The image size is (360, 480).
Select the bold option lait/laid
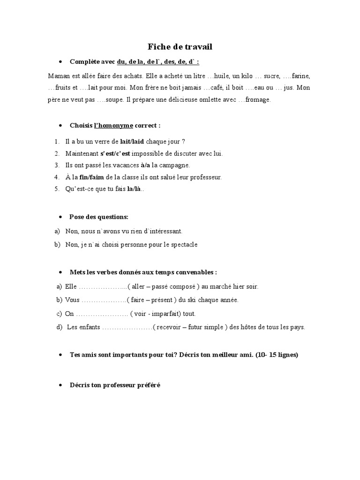(x=132, y=141)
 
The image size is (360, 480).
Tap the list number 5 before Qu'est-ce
(x=56, y=189)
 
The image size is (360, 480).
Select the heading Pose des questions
(x=99, y=217)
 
